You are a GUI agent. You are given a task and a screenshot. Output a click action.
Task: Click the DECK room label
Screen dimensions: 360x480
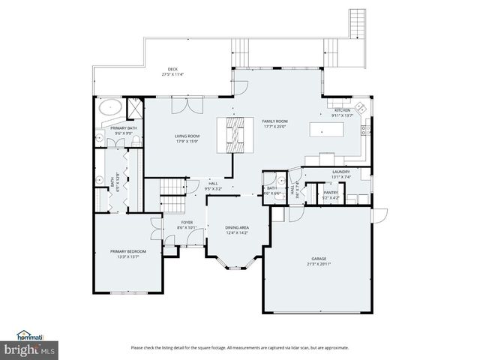(x=172, y=71)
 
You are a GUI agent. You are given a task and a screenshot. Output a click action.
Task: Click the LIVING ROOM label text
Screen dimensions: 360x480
(x=177, y=136)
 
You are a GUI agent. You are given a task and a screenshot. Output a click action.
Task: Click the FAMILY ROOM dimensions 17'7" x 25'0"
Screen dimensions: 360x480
(x=275, y=127)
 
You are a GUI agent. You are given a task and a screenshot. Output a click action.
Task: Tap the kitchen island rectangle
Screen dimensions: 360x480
(x=327, y=130)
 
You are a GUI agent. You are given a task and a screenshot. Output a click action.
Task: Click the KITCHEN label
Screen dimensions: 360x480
(x=342, y=111)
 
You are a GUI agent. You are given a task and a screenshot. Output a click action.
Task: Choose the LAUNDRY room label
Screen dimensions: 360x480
(x=341, y=172)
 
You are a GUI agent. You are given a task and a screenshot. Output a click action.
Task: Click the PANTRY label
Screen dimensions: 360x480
(x=330, y=193)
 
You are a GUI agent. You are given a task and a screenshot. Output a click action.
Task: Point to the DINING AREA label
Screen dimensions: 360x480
(x=238, y=227)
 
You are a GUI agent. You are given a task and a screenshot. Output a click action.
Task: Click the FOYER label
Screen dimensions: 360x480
(x=187, y=222)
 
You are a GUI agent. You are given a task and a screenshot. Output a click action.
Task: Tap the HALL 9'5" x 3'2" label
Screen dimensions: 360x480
(x=214, y=187)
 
